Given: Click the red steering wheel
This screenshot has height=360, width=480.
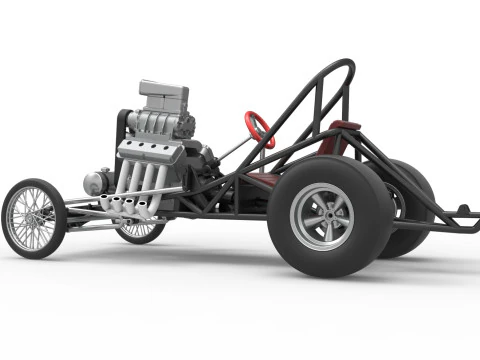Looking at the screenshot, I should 259,129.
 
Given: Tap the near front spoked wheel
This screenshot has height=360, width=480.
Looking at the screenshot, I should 34,217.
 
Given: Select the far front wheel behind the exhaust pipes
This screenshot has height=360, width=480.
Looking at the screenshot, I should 139,231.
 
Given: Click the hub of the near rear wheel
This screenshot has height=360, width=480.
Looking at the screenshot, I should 321,215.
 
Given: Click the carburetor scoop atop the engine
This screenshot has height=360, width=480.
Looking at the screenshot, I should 163,96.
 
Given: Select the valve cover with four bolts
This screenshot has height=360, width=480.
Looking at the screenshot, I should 150,151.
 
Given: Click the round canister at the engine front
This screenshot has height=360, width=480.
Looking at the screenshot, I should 96,182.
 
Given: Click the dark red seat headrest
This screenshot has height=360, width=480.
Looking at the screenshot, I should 344,126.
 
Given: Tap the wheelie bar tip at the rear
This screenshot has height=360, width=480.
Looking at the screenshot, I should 463,212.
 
